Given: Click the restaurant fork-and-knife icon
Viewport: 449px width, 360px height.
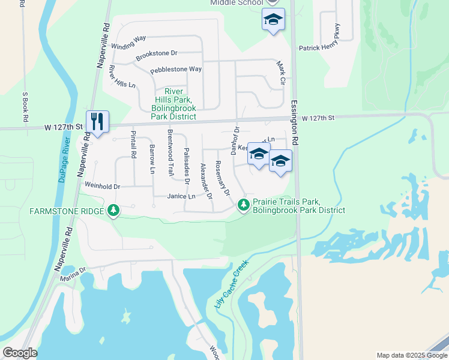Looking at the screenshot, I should [x=97, y=121].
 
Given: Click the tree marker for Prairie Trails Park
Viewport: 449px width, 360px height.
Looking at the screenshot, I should [x=243, y=205].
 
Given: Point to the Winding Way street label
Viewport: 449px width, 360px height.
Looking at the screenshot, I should [x=128, y=42].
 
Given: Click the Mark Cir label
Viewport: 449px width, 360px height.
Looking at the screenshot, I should [x=280, y=71].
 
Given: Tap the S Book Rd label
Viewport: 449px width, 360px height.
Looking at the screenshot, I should [x=25, y=107].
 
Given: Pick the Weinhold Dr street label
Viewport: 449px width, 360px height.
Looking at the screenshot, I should [x=103, y=187].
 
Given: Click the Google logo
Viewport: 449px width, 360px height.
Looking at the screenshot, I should [x=20, y=353].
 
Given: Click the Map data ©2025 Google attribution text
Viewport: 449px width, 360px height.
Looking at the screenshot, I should [x=411, y=355].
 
